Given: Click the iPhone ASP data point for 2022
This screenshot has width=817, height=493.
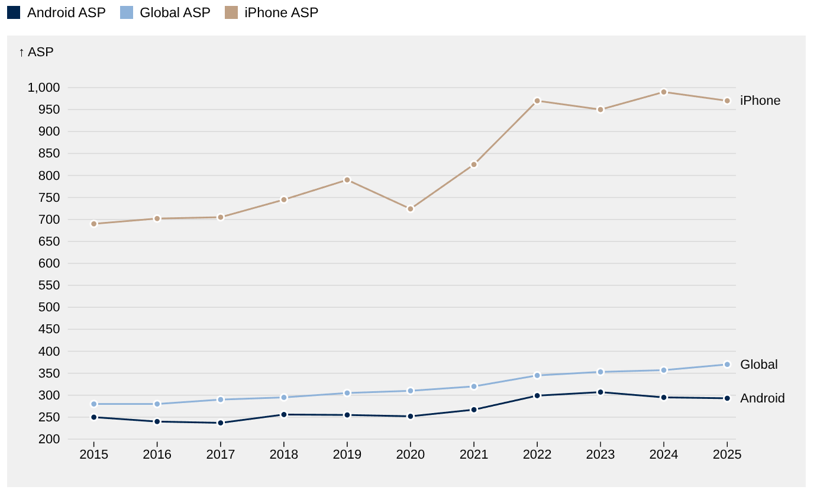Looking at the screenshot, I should tap(537, 101).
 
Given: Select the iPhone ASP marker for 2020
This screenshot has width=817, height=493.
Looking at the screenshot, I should tap(411, 209).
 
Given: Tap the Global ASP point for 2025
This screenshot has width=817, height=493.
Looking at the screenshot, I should tap(727, 365).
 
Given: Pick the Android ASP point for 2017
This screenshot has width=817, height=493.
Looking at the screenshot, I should tap(221, 423).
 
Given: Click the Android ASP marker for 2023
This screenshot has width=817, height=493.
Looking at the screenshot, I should tap(600, 392).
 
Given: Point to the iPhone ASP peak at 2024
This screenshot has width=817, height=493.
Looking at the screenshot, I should tap(664, 92).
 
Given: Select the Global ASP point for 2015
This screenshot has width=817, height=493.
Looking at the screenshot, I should tap(93, 404).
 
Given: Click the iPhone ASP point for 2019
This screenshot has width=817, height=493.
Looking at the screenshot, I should tap(347, 180).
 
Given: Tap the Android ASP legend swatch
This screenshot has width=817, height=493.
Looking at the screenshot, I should tap(14, 12).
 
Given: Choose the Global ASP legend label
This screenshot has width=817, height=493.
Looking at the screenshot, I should tap(175, 12).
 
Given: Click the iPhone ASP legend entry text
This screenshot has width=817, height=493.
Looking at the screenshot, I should tap(281, 12).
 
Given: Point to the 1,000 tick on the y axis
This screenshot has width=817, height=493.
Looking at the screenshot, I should tap(44, 88).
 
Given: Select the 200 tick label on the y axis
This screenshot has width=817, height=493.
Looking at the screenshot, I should tap(50, 439).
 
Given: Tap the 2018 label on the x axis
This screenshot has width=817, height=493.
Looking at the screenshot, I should tap(284, 455).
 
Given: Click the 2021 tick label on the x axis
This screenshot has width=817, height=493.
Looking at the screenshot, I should tap(474, 455).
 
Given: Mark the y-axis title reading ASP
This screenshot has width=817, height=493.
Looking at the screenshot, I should tap(36, 52).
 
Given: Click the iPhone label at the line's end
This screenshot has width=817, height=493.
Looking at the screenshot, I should tap(760, 101).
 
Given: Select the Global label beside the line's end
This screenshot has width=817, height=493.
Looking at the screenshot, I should tap(758, 365).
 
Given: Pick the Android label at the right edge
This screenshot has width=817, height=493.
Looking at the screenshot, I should tap(762, 398).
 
